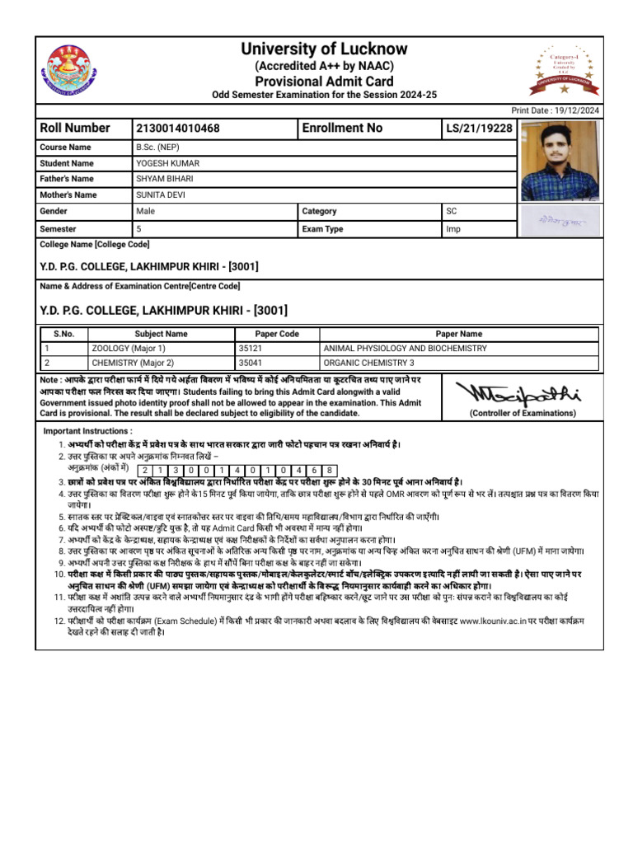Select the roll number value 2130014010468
178,129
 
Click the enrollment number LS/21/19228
479,129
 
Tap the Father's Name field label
67,179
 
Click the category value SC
452,212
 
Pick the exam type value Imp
453,229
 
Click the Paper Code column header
277,334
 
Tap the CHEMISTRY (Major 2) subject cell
133,363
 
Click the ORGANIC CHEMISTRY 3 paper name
368,363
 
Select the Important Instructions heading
87,431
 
